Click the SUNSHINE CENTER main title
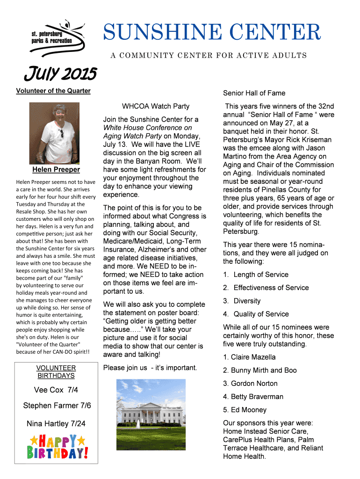pyautogui.click(x=212, y=33)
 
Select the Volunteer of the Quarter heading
pyautogui.click(x=53, y=91)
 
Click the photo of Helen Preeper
pyautogui.click(x=54, y=133)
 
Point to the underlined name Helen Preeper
pyautogui.click(x=56, y=170)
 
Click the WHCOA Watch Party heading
pyautogui.click(x=156, y=107)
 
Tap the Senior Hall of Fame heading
pyautogui.click(x=254, y=93)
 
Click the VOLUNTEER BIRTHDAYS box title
pyautogui.click(x=56, y=372)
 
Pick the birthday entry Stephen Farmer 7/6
pyautogui.click(x=57, y=406)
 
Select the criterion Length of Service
pyautogui.click(x=260, y=275)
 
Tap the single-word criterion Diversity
pyautogui.click(x=247, y=301)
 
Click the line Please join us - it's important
pyautogui.click(x=150, y=368)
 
